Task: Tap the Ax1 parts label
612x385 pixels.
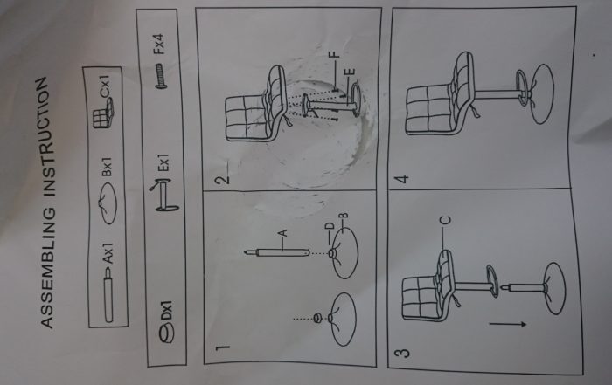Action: tap(108, 252)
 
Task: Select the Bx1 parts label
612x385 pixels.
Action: tap(107, 167)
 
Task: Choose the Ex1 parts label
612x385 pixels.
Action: tap(163, 162)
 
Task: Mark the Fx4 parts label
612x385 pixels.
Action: tap(160, 44)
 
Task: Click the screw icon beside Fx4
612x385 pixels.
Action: tap(161, 76)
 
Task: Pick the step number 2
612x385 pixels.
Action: tap(223, 179)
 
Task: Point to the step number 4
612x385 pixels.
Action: tap(401, 179)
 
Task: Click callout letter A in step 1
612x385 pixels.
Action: tap(283, 233)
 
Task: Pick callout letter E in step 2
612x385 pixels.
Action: tap(350, 72)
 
